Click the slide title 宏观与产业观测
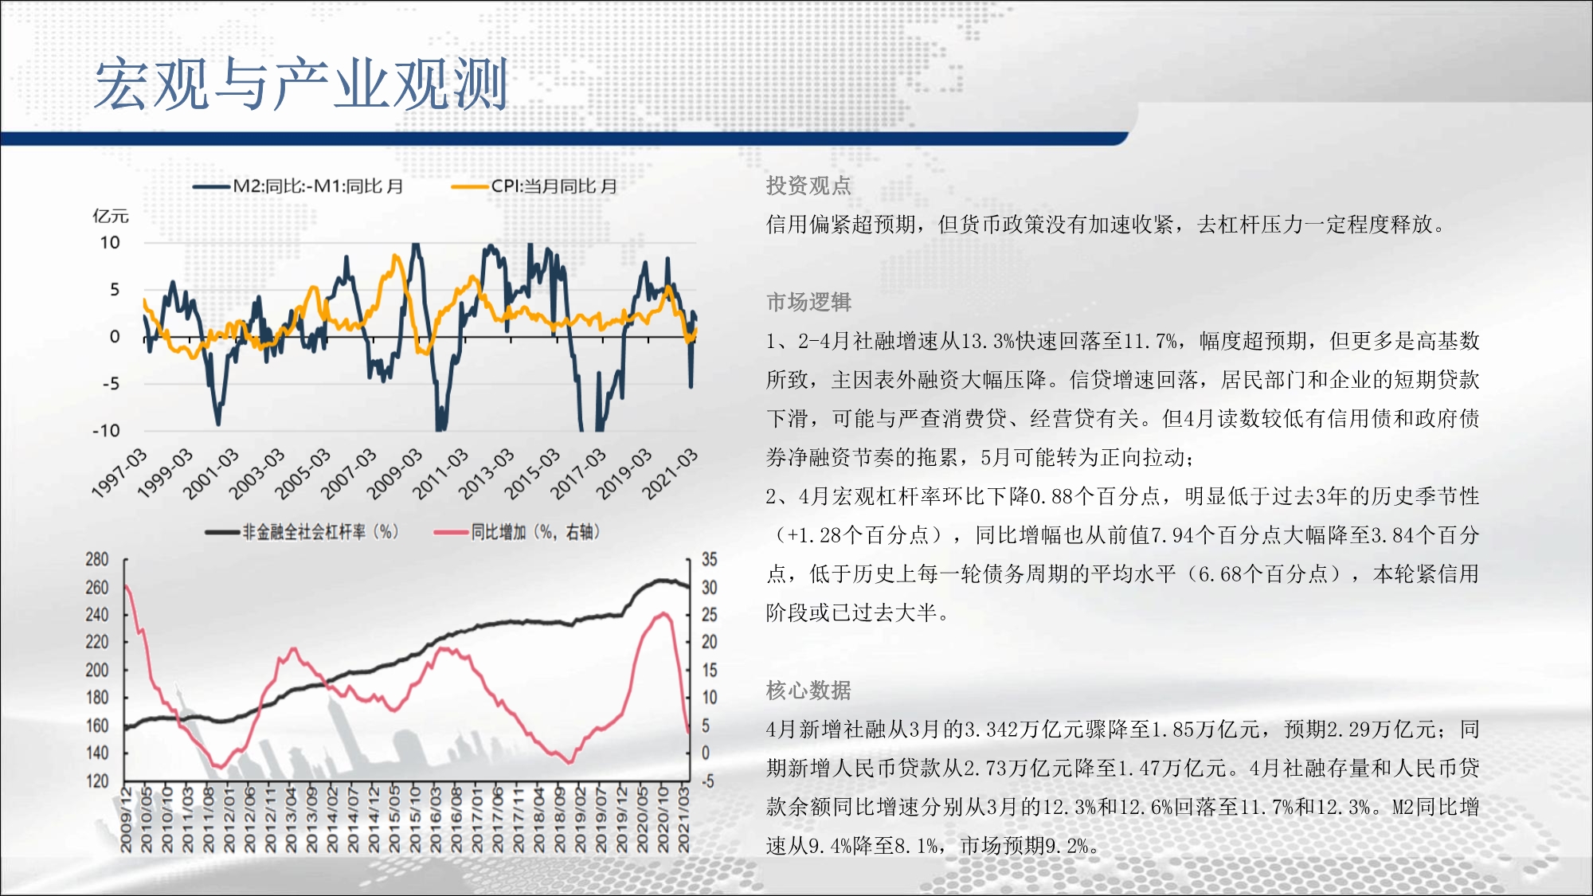[301, 84]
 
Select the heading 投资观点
[808, 186]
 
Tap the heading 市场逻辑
[808, 302]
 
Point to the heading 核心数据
[808, 690]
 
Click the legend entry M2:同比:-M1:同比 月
[299, 186]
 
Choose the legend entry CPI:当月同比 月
[534, 186]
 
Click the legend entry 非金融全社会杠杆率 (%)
[302, 531]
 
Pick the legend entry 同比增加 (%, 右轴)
[517, 531]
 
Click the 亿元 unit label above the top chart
[111, 216]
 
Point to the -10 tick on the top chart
[106, 431]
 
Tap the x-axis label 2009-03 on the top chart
[394, 474]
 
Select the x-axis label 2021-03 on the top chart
[670, 474]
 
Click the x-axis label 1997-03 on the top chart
[119, 474]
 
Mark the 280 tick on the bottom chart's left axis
[97, 559]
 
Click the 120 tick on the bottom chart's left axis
[97, 781]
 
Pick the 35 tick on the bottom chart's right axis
[709, 559]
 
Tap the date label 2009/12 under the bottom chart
[126, 820]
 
